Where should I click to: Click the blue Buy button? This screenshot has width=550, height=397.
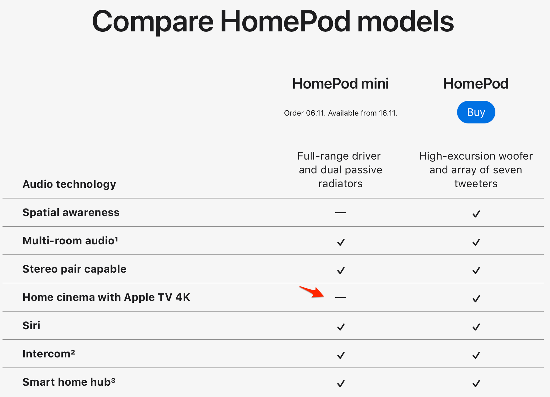click(x=476, y=112)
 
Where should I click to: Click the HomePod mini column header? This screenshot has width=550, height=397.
click(x=340, y=84)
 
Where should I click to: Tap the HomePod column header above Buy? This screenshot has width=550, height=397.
click(x=476, y=84)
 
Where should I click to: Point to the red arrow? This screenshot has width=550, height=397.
click(x=311, y=291)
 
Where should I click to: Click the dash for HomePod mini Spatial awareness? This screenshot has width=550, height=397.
click(x=341, y=213)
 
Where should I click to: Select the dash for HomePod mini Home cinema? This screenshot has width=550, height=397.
click(x=341, y=297)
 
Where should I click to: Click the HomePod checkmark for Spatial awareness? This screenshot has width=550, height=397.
click(x=476, y=214)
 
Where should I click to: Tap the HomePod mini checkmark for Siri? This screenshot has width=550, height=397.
click(x=341, y=327)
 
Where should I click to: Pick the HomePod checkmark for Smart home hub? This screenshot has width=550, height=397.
click(x=476, y=383)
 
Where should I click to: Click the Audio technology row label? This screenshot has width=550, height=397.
click(x=69, y=184)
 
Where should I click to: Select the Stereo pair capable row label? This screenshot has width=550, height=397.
click(x=74, y=269)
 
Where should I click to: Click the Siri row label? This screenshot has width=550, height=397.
click(x=31, y=325)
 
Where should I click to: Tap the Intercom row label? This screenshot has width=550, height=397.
click(x=49, y=354)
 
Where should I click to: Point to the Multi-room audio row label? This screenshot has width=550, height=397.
click(x=70, y=241)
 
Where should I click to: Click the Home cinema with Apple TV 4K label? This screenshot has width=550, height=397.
click(x=106, y=297)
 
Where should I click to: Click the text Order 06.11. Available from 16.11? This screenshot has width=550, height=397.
click(x=341, y=113)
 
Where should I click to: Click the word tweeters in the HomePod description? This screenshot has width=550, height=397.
click(x=476, y=183)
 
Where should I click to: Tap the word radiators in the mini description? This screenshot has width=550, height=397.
click(x=341, y=183)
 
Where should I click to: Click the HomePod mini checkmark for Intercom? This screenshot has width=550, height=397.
click(x=341, y=355)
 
